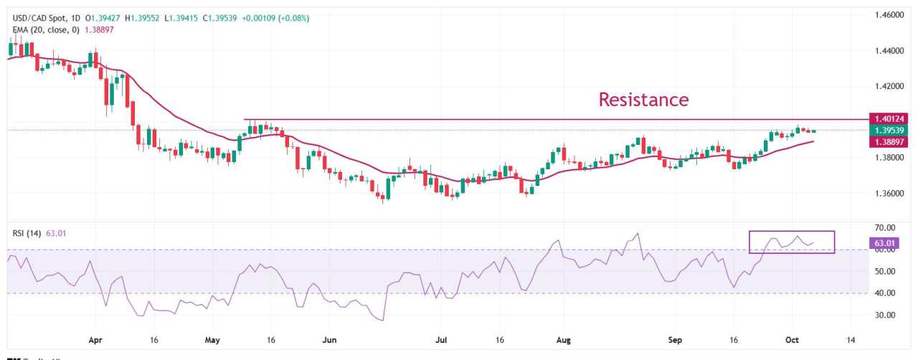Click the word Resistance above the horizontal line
pos(643,99)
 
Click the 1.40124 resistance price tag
pos(888,118)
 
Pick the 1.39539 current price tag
pos(888,131)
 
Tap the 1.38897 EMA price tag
pos(888,142)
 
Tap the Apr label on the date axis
pos(95,340)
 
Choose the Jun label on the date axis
pos(329,340)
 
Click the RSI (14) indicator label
pos(27,232)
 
